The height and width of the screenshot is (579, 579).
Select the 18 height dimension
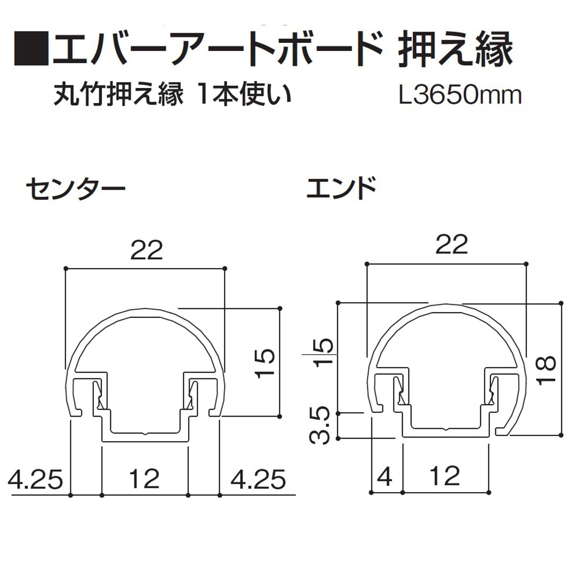547,370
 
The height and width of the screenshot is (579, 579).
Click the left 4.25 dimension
36,479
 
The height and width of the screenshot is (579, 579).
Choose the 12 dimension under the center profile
145,479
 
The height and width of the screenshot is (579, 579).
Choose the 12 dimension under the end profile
445,476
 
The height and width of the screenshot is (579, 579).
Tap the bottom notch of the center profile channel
145,432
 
